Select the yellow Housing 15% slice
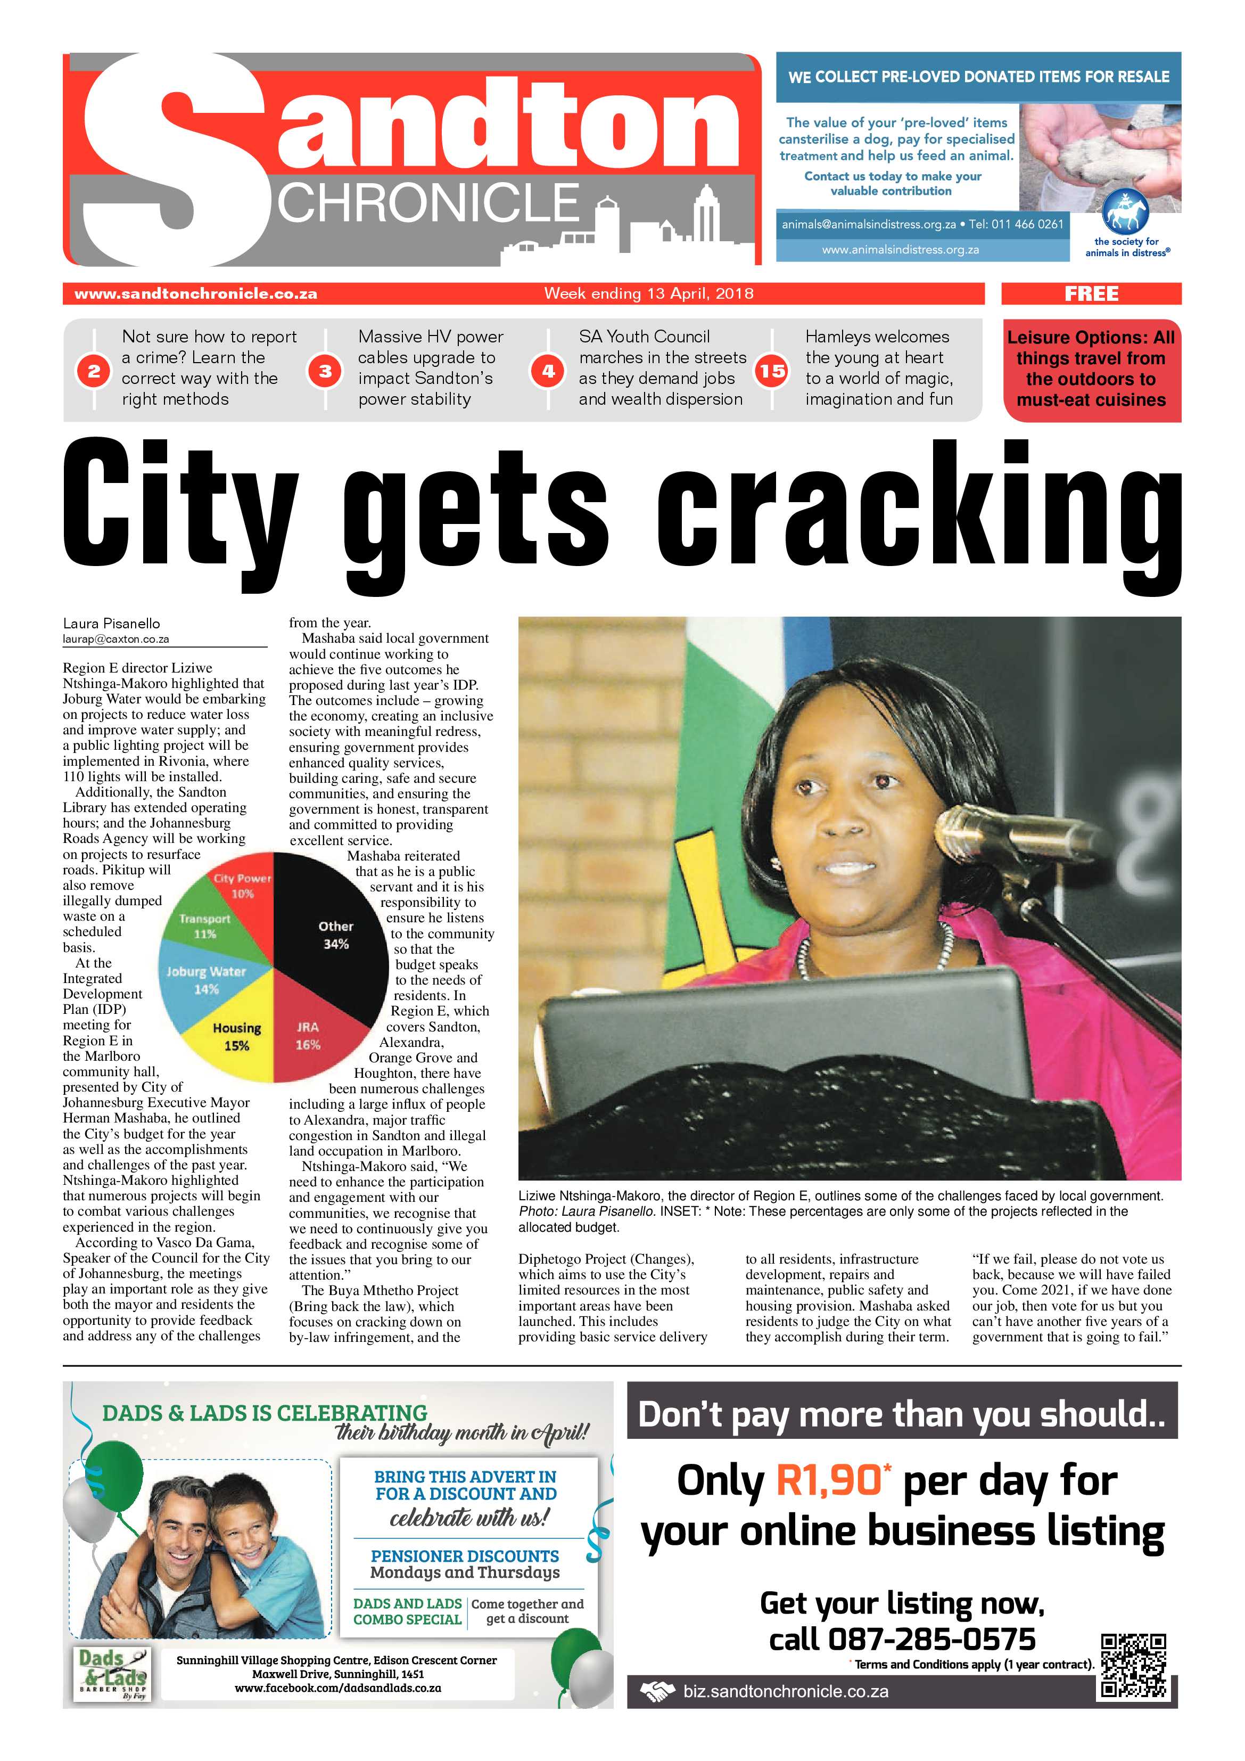(x=237, y=1031)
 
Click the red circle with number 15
(x=772, y=371)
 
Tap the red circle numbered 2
(x=94, y=371)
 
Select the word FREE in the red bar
(x=1091, y=294)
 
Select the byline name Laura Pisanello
(x=111, y=624)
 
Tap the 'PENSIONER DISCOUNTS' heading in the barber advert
(x=465, y=1556)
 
